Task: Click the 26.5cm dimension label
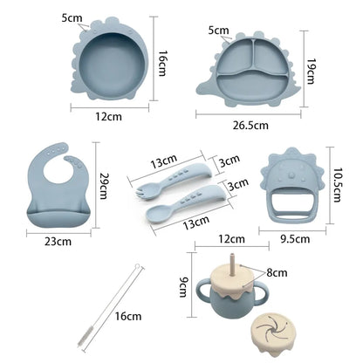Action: click(250, 125)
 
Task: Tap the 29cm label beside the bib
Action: click(104, 186)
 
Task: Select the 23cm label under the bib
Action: click(58, 242)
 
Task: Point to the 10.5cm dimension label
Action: click(337, 185)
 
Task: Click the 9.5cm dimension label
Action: click(295, 239)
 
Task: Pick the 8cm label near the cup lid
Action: click(277, 273)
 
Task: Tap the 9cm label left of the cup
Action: click(183, 287)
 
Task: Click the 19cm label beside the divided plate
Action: click(311, 72)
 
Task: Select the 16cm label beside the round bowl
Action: click(162, 64)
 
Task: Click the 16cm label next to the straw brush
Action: click(128, 316)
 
